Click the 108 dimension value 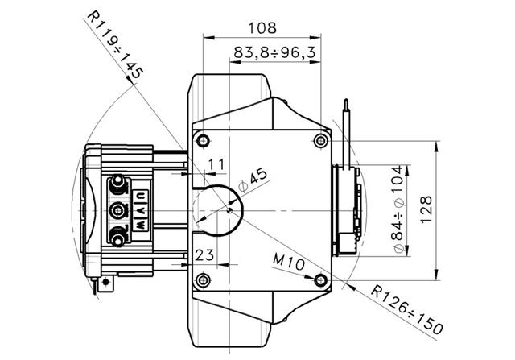coord(262,28)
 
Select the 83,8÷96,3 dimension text coord(274,52)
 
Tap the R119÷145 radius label coord(115,46)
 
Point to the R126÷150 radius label coord(407,310)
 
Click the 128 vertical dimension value coord(426,209)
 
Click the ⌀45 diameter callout coord(253,180)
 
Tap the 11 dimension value coord(216,163)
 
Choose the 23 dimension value coord(204,255)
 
